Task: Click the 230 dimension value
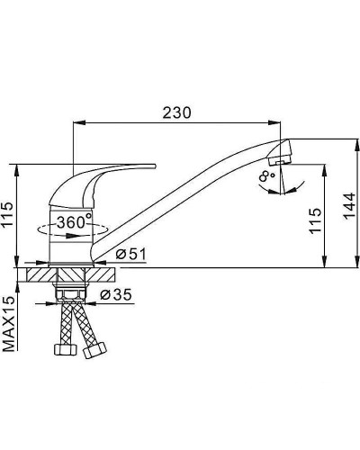(176, 112)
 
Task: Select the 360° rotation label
(74, 222)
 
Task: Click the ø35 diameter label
(116, 294)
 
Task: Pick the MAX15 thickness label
(10, 324)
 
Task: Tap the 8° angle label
(266, 176)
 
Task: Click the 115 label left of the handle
(8, 214)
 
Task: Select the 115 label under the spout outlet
(316, 220)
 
